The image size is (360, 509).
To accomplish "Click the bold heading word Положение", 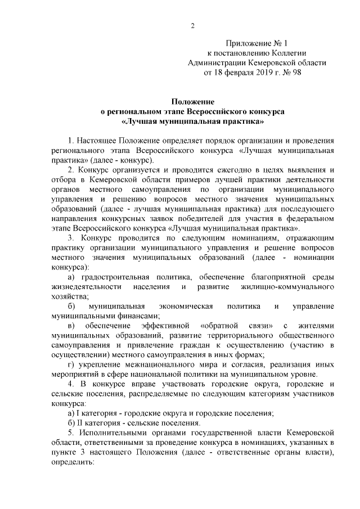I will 193,101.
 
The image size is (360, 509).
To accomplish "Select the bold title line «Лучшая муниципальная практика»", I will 193,121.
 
